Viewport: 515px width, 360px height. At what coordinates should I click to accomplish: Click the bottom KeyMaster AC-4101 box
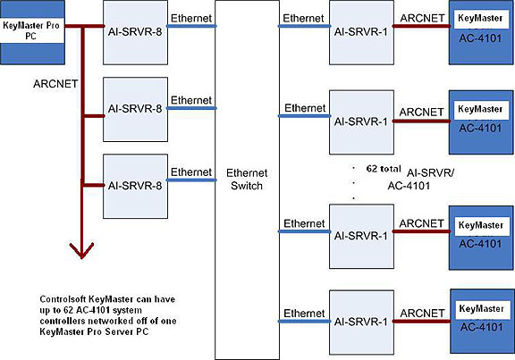(481, 319)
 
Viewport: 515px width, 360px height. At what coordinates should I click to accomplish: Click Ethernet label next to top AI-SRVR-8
(190, 17)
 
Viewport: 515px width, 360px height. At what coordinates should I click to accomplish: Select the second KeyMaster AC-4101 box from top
(481, 118)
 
